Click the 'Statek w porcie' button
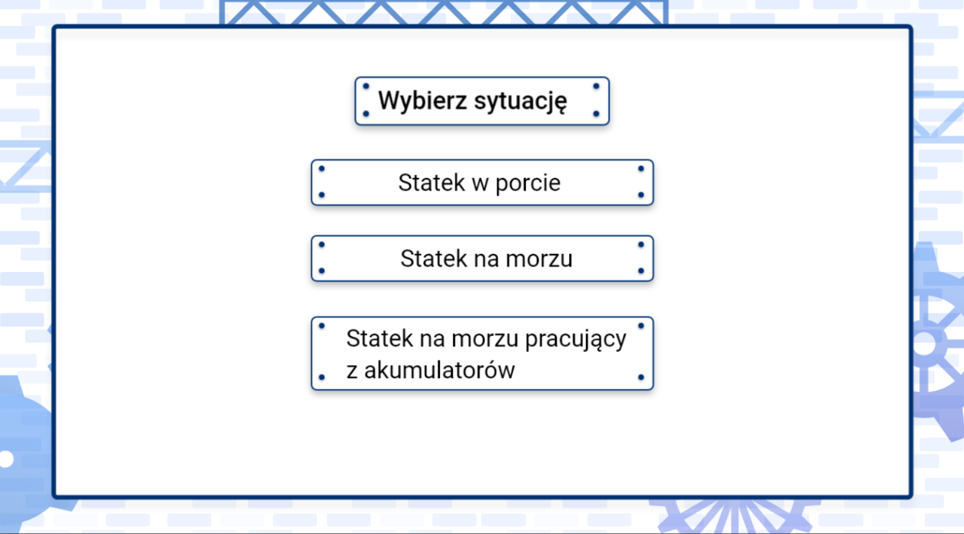click(482, 182)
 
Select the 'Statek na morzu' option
click(482, 259)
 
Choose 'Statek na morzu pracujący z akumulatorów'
click(482, 354)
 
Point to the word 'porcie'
click(528, 183)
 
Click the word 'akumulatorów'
click(439, 370)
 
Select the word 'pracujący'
click(575, 339)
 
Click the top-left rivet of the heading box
click(366, 86)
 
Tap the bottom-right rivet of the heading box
click(596, 114)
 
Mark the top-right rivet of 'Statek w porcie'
click(641, 169)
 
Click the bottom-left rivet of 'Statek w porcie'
click(322, 195)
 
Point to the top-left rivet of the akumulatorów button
click(322, 326)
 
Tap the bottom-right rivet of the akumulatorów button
click(641, 377)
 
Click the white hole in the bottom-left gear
click(6, 459)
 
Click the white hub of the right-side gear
click(925, 344)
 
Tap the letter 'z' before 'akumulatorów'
click(351, 370)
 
